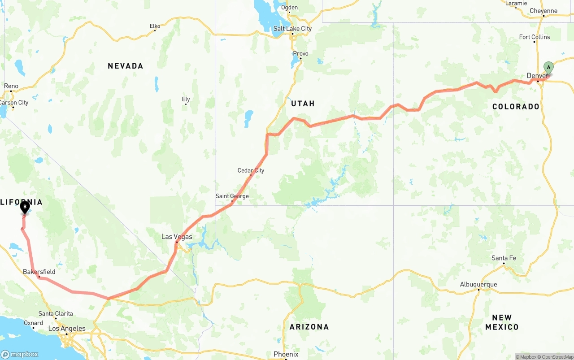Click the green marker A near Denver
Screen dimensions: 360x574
548,68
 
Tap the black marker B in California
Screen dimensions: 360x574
25,207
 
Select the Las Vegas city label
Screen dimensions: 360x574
177,237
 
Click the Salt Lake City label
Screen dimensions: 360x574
292,29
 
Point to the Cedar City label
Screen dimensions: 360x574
251,170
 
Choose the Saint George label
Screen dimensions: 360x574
232,196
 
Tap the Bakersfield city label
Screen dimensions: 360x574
39,272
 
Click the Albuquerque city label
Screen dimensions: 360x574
478,284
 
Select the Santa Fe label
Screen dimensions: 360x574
504,258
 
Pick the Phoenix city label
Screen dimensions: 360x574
286,354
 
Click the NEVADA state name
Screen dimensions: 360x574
126,66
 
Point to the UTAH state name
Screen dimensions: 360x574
303,104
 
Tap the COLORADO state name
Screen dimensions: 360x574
516,107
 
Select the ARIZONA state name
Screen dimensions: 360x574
309,327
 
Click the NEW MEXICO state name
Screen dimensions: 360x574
502,322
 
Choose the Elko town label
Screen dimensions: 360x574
155,26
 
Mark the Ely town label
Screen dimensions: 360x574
186,99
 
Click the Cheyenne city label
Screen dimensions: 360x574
543,11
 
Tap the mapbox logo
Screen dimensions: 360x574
20,354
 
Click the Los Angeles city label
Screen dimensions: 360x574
67,329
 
